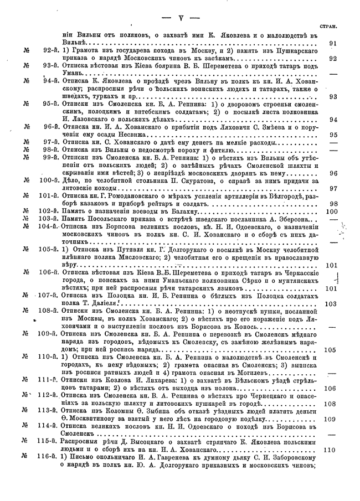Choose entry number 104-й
50,226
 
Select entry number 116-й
50,458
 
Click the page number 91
333,42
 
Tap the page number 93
333,96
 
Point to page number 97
333,188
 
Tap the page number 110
331,450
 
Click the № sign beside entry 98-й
26,149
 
